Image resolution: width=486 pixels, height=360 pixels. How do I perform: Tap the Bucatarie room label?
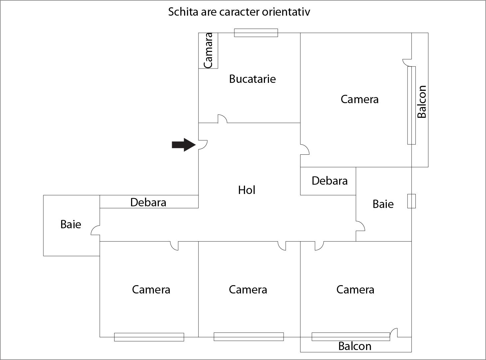(x=252, y=79)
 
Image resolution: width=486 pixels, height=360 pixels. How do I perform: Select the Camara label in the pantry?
(x=208, y=50)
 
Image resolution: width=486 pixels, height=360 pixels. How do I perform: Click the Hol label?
(x=247, y=190)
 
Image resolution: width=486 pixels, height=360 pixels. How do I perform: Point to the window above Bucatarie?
(x=256, y=33)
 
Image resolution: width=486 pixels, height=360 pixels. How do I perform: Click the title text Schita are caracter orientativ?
(x=239, y=12)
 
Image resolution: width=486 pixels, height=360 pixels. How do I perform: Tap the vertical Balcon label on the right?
(x=422, y=101)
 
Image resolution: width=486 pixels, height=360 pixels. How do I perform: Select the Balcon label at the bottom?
(x=355, y=346)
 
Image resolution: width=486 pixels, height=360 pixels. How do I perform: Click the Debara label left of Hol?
(x=148, y=202)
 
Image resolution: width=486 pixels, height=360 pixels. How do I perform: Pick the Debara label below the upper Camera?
(x=330, y=181)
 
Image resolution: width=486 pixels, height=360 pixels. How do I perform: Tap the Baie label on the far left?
(x=71, y=224)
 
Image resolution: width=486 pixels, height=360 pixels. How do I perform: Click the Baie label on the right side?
(x=383, y=204)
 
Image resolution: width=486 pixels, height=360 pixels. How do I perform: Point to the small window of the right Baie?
(x=411, y=201)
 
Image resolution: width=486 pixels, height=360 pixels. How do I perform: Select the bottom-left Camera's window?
(x=149, y=337)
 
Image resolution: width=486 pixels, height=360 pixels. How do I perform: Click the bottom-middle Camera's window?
(x=248, y=336)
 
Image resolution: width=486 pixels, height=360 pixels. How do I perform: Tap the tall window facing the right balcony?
(x=411, y=105)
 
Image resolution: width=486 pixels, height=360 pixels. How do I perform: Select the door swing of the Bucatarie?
(x=222, y=119)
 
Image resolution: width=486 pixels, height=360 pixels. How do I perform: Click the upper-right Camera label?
(x=360, y=99)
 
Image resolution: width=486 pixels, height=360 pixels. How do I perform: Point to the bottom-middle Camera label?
(x=248, y=289)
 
